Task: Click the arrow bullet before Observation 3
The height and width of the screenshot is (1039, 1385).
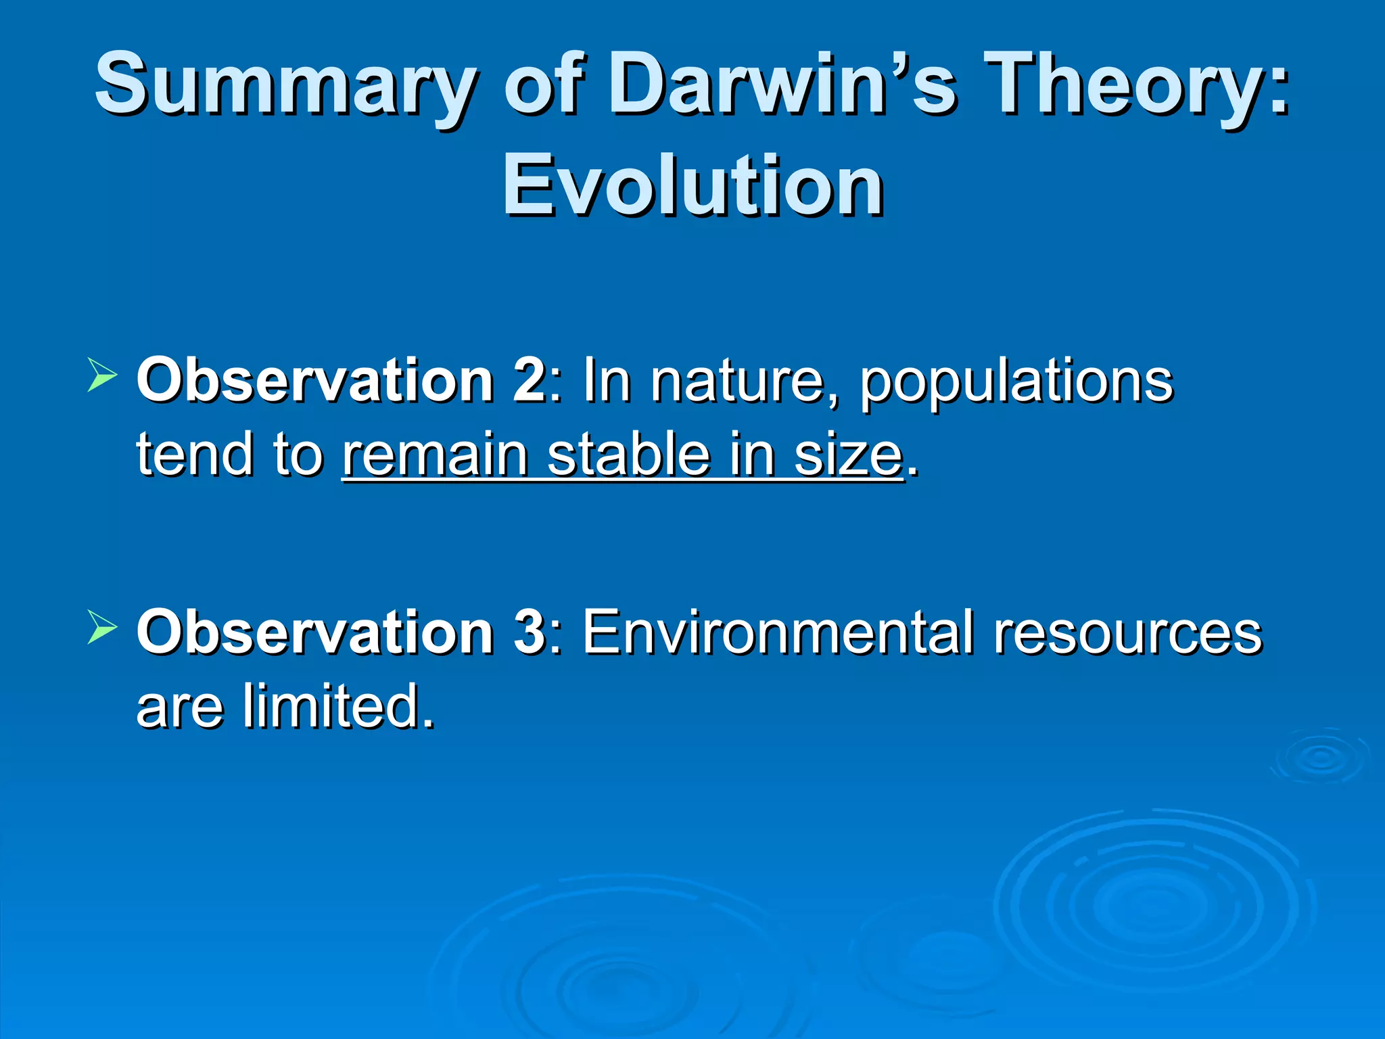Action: tap(103, 627)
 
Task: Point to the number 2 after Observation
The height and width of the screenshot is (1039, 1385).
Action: tap(529, 380)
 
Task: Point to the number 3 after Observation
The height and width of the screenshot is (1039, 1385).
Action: tap(529, 631)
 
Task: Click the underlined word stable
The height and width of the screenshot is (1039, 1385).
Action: tap(628, 455)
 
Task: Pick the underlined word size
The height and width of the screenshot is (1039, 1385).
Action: tap(848, 455)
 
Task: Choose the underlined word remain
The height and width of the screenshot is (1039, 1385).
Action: tap(435, 455)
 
